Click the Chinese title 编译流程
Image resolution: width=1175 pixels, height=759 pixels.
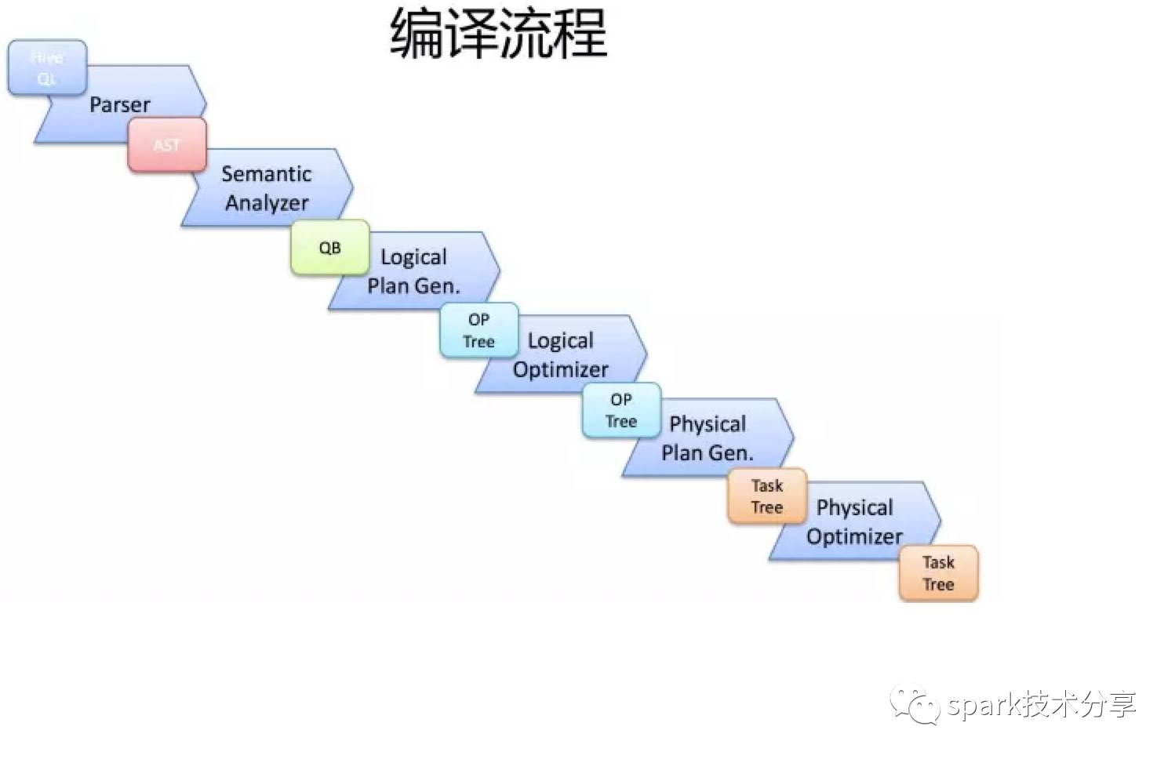(x=499, y=34)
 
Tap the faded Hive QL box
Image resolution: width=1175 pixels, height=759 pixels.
(x=47, y=68)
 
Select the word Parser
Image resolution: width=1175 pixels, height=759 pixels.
(x=119, y=104)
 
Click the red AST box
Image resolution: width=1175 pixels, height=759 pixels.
(x=167, y=145)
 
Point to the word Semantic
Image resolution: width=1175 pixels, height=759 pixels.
(x=266, y=173)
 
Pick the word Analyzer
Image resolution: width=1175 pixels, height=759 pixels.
(x=267, y=203)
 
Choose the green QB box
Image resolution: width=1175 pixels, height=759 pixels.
(x=329, y=248)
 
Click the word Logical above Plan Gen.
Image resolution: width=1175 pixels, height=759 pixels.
(x=413, y=257)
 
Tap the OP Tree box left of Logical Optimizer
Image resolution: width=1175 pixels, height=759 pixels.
(x=478, y=330)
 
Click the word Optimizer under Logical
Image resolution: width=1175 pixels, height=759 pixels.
(x=560, y=369)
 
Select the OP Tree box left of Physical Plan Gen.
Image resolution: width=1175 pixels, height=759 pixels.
(x=621, y=410)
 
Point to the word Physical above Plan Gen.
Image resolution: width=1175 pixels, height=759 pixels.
(x=707, y=424)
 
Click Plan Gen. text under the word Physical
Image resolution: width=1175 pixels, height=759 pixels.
(x=707, y=453)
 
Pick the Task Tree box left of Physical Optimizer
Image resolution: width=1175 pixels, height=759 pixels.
(x=767, y=496)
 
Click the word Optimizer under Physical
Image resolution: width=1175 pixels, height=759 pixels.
(x=854, y=537)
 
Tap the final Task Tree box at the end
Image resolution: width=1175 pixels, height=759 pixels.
(x=938, y=573)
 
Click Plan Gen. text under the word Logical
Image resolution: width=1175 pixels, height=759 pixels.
(x=413, y=286)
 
